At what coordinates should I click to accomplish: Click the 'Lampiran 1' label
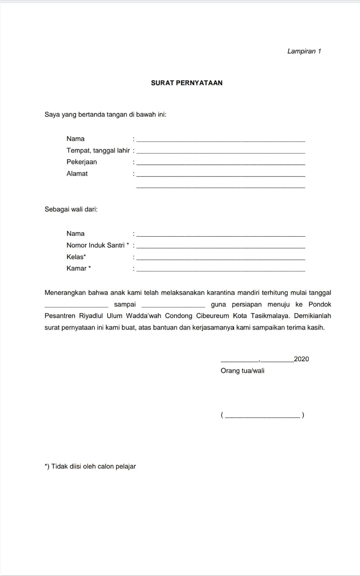tap(304, 51)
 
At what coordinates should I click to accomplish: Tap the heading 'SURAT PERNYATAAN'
tap(187, 83)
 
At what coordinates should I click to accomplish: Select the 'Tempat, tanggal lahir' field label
tap(98, 151)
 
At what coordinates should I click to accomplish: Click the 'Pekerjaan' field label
tap(81, 162)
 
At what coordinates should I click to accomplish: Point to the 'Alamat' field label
tap(77, 174)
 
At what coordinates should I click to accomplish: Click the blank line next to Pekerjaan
tap(220, 164)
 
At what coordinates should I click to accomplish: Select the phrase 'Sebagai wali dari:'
tap(71, 209)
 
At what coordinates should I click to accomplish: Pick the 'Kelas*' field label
tap(76, 257)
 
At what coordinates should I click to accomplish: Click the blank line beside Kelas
tap(220, 259)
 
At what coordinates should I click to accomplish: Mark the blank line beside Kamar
tap(220, 271)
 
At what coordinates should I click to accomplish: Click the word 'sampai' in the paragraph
tap(125, 305)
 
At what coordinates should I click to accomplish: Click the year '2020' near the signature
tap(301, 359)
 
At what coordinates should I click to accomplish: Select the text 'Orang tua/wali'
tap(243, 371)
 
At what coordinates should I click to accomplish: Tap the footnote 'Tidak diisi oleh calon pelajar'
tap(93, 467)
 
